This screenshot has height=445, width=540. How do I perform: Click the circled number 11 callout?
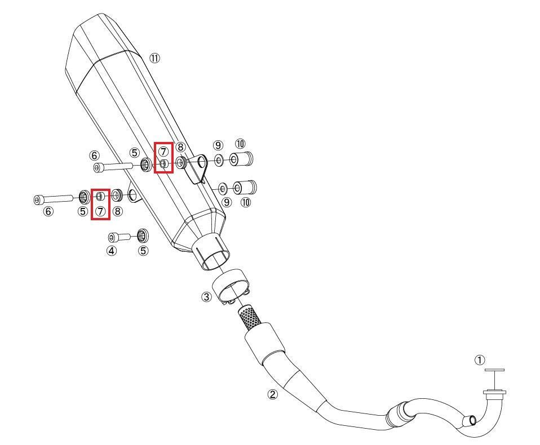[154, 59]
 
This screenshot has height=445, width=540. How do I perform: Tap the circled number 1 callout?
[479, 361]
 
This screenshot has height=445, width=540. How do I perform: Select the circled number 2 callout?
[272, 394]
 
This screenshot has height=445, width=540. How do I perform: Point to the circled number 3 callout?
[206, 297]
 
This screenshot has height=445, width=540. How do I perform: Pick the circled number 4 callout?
[112, 251]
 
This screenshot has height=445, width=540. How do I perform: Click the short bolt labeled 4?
[119, 237]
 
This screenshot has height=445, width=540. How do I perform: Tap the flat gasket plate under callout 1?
[494, 370]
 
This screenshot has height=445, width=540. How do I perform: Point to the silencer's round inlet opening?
[215, 261]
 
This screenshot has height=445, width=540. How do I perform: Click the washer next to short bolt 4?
[143, 235]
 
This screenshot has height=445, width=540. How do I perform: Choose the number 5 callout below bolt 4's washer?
[143, 251]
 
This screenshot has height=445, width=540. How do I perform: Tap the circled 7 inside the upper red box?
[163, 151]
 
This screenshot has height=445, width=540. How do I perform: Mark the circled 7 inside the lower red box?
[100, 211]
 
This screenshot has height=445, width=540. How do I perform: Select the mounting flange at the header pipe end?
[495, 393]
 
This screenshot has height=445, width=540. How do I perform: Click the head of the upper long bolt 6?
[98, 168]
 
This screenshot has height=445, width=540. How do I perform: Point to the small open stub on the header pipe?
[471, 420]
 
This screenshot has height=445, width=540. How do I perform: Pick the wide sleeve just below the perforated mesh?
[265, 340]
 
